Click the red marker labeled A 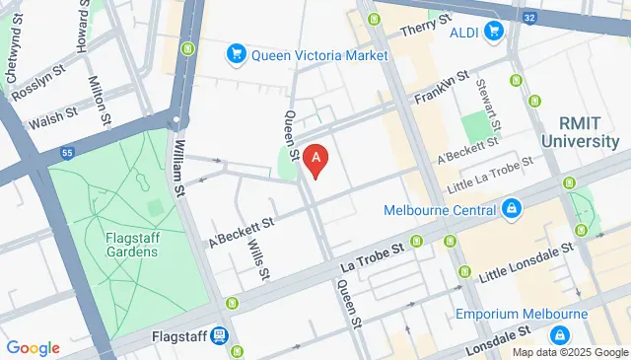coord(315,158)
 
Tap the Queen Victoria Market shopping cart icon coord(236,53)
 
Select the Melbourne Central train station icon coord(512,208)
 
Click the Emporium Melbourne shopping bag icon coord(558,334)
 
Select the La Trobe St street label coord(372,258)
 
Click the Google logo coord(32,348)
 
